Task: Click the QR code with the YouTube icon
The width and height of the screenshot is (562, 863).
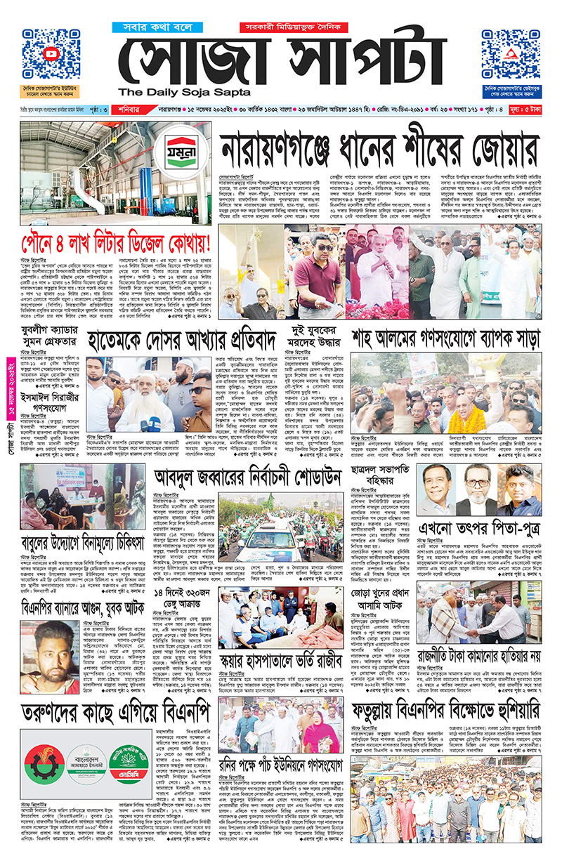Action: tap(51, 54)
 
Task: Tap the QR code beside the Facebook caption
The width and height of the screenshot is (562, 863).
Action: tap(511, 54)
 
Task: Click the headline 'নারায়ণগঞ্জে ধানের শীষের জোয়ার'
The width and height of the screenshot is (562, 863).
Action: tap(379, 150)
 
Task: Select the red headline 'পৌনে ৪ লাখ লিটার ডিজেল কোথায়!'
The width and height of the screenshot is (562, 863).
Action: tap(116, 242)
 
